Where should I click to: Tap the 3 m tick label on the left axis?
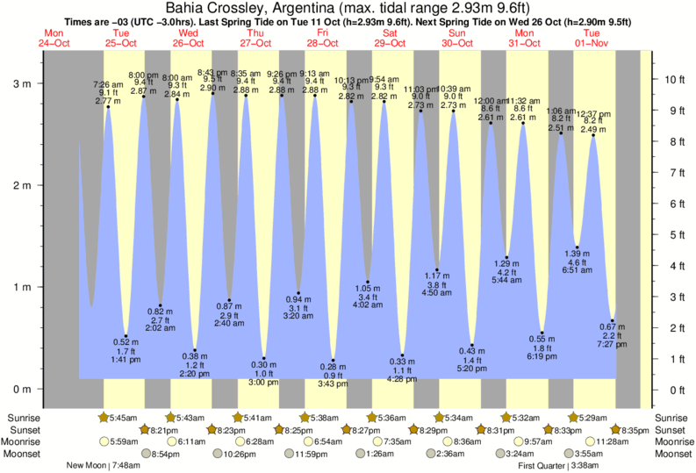(x=21, y=84)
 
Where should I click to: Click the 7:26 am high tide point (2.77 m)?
(x=109, y=107)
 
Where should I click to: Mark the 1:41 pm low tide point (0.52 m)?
(x=126, y=336)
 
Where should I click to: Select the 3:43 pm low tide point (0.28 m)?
(x=334, y=360)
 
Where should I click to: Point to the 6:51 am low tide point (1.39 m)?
(x=577, y=247)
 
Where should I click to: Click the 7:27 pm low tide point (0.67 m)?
(x=613, y=320)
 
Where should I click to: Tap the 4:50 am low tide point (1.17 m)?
(x=437, y=269)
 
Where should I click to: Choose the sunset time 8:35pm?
(x=631, y=430)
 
